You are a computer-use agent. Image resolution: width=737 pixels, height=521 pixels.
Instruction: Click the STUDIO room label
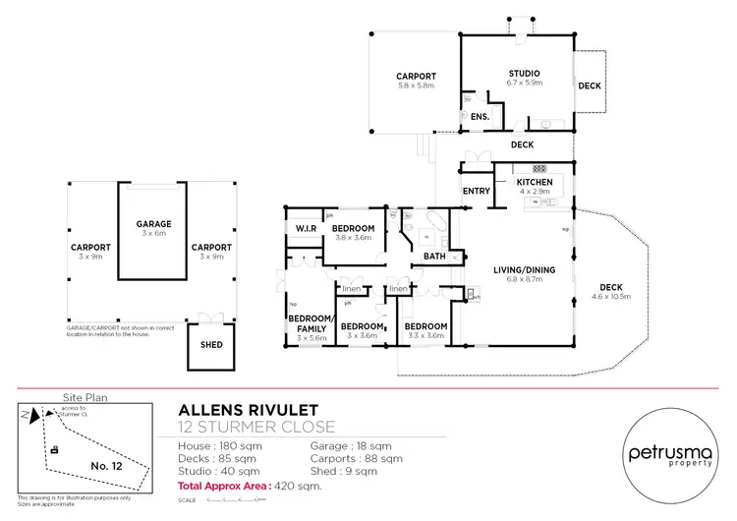pyautogui.click(x=524, y=74)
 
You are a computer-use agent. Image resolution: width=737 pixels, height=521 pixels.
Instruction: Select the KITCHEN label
pyautogui.click(x=534, y=183)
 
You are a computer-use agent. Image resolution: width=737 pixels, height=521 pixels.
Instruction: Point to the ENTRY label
pyautogui.click(x=476, y=191)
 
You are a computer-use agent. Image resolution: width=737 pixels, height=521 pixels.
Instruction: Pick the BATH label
pyautogui.click(x=434, y=257)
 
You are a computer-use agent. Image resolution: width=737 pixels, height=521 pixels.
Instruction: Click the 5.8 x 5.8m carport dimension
pyautogui.click(x=416, y=87)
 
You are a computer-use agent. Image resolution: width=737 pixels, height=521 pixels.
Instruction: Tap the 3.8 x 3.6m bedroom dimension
pyautogui.click(x=351, y=237)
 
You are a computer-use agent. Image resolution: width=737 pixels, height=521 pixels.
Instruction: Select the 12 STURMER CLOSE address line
pyautogui.click(x=256, y=427)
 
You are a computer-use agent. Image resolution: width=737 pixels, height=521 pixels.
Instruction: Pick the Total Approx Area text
pyautogui.click(x=250, y=487)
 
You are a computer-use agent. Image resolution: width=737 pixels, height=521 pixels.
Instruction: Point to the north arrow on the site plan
pyautogui.click(x=36, y=417)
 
